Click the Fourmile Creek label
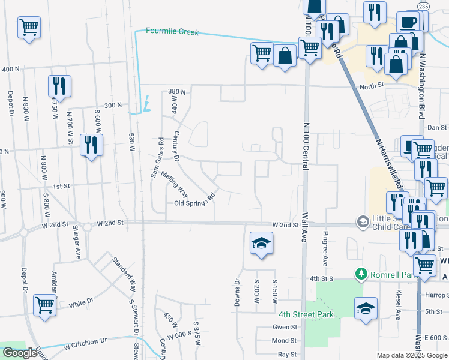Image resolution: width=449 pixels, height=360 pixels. point(172,31)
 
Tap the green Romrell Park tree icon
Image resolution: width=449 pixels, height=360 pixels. point(361,274)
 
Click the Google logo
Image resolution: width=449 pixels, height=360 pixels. point(20,353)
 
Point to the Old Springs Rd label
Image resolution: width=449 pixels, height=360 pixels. point(194,200)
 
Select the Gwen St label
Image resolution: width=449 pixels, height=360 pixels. point(286,327)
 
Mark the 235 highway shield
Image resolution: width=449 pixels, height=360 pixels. point(424,5)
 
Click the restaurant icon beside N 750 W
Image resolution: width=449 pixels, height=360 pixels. point(59,86)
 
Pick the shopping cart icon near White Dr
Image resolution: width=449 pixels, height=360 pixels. point(45,304)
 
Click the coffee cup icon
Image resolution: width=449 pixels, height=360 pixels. point(408,22)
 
